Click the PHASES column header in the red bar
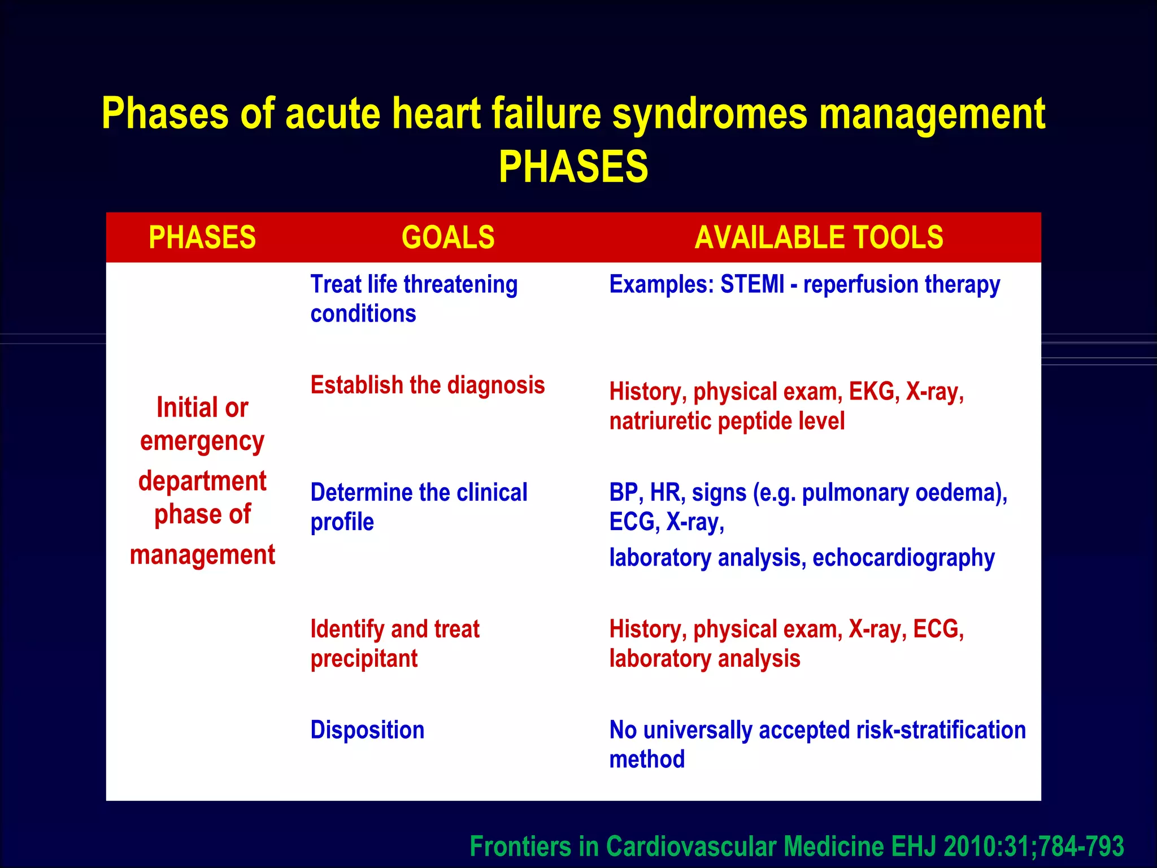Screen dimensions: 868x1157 [202, 237]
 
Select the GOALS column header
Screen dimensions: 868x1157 [448, 237]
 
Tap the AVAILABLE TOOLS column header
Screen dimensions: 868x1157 [819, 237]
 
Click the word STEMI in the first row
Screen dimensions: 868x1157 [752, 284]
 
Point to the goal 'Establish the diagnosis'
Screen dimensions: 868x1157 [428, 385]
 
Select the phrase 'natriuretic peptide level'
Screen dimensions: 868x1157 [727, 422]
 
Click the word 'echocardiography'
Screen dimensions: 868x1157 [903, 558]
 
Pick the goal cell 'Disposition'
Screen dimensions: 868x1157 [367, 730]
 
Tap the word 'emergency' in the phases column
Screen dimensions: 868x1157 [202, 442]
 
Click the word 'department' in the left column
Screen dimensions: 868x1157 [202, 481]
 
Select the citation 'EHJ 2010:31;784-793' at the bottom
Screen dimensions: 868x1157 [1007, 847]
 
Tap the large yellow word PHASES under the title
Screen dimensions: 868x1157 [573, 167]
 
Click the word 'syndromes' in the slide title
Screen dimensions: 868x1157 [710, 114]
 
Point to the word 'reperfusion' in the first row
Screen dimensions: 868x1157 [860, 284]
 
